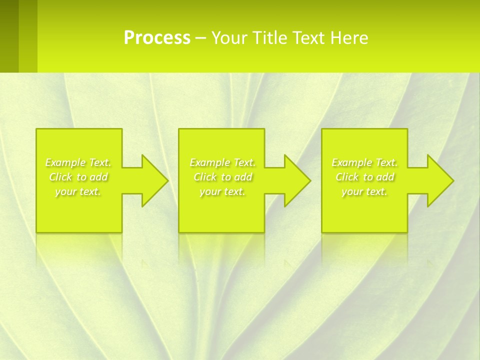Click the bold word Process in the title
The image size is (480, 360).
[157, 38]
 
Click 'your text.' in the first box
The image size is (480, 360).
[78, 191]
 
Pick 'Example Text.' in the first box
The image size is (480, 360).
[78, 162]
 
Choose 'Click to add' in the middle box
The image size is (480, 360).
[222, 177]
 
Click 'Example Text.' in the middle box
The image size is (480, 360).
[222, 162]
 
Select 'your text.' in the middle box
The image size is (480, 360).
[222, 191]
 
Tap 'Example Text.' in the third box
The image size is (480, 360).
[364, 162]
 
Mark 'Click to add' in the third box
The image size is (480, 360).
[364, 177]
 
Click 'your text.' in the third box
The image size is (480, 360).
[364, 191]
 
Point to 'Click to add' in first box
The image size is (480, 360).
[78, 177]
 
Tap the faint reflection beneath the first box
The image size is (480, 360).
[79, 247]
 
